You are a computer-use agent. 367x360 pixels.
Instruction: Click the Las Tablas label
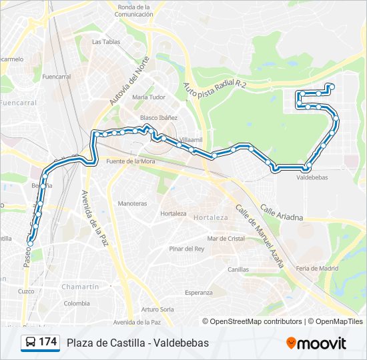pyautogui.click(x=105, y=41)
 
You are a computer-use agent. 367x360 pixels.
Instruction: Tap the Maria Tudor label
pyautogui.click(x=148, y=97)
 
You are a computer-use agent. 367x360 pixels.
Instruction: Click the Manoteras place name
pyautogui.click(x=132, y=203)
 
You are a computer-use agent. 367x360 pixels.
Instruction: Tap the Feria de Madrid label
pyautogui.click(x=318, y=268)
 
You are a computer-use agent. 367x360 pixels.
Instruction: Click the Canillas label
pyautogui.click(x=238, y=270)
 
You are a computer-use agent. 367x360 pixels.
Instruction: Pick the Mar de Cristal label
pyautogui.click(x=226, y=238)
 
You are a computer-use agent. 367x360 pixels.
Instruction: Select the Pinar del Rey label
pyautogui.click(x=186, y=249)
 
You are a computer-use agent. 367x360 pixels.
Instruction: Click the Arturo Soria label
pyautogui.click(x=157, y=309)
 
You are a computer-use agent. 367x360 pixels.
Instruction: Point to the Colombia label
pyautogui.click(x=77, y=303)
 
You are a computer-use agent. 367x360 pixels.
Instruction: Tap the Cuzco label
pyautogui.click(x=26, y=291)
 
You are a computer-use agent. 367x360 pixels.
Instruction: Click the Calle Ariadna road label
pyautogui.click(x=282, y=213)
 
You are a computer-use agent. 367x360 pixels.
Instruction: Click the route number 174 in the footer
pyautogui.click(x=47, y=342)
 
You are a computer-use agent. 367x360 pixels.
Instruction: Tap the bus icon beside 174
pyautogui.click(x=31, y=343)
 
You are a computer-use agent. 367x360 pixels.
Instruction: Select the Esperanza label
pyautogui.click(x=198, y=293)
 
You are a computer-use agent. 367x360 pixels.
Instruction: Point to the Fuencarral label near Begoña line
pyautogui.click(x=56, y=77)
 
